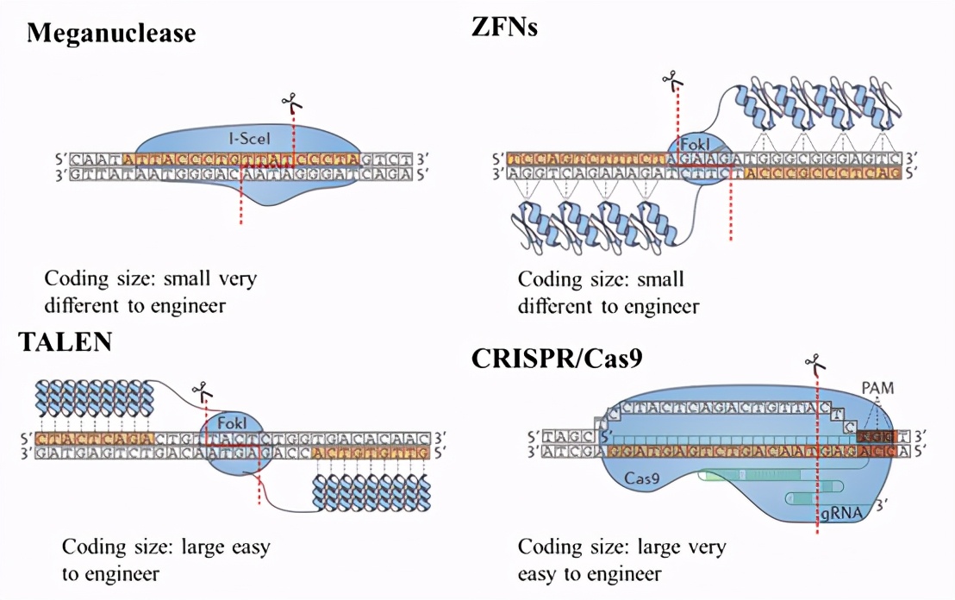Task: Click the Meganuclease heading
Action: click(x=111, y=34)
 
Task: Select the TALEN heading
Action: click(x=66, y=342)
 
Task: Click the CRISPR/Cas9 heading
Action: click(x=557, y=359)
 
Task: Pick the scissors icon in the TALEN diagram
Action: click(x=201, y=393)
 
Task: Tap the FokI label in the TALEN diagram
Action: click(x=233, y=423)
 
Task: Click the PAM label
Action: click(x=877, y=389)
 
